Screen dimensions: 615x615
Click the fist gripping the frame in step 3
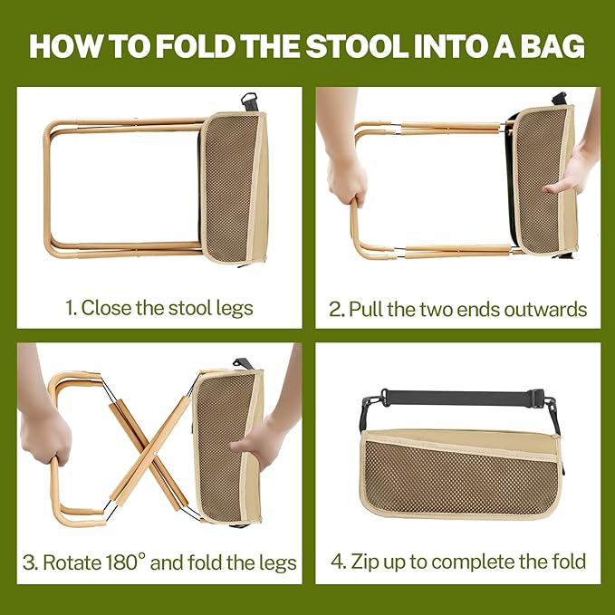point(45,435)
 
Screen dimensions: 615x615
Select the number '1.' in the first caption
point(71,307)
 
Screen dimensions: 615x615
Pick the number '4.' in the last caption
point(339,561)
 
